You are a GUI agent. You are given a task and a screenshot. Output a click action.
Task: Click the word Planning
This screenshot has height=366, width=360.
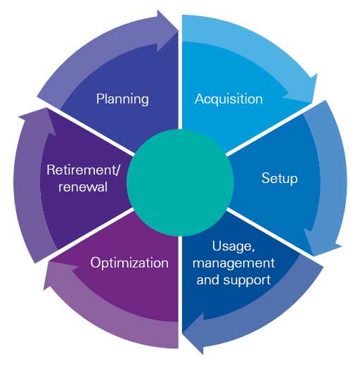click(x=122, y=99)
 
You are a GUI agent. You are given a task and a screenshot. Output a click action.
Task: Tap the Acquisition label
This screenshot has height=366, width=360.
click(x=229, y=99)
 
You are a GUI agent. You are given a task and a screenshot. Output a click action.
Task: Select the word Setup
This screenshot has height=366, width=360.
click(x=279, y=178)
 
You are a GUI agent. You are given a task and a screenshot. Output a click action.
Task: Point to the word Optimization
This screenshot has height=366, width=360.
click(x=129, y=263)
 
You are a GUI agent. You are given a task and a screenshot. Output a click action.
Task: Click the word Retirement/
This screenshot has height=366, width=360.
click(x=83, y=170)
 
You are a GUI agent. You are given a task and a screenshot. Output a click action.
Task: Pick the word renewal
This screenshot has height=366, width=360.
click(x=83, y=187)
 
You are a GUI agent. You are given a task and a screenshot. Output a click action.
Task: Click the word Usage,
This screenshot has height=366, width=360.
click(x=233, y=246)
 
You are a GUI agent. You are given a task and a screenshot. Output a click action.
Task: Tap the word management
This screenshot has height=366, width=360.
click(x=233, y=263)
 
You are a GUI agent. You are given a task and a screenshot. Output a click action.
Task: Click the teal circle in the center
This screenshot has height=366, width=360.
click(x=180, y=182)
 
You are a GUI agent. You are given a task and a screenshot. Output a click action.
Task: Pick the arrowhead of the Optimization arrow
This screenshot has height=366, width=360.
click(x=59, y=274)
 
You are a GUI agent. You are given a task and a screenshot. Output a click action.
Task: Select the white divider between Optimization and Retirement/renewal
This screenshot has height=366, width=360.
click(x=90, y=234)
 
